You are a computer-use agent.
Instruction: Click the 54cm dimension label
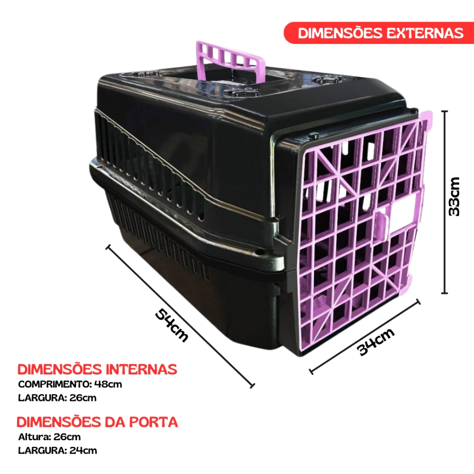[172, 325]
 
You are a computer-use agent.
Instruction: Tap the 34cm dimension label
[376, 342]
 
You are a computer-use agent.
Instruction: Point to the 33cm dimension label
[454, 196]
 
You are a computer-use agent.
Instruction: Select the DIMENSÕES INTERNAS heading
[97, 369]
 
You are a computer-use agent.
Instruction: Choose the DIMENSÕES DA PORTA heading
[97, 422]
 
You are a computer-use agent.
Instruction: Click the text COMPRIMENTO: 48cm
[70, 384]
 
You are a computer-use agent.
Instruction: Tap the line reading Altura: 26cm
[50, 437]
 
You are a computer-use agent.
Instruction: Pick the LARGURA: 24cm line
[58, 450]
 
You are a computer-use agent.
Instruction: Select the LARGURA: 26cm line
[57, 398]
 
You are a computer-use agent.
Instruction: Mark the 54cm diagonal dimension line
[180, 316]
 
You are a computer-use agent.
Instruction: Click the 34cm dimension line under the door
[365, 337]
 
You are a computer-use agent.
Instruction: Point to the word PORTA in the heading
[154, 422]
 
